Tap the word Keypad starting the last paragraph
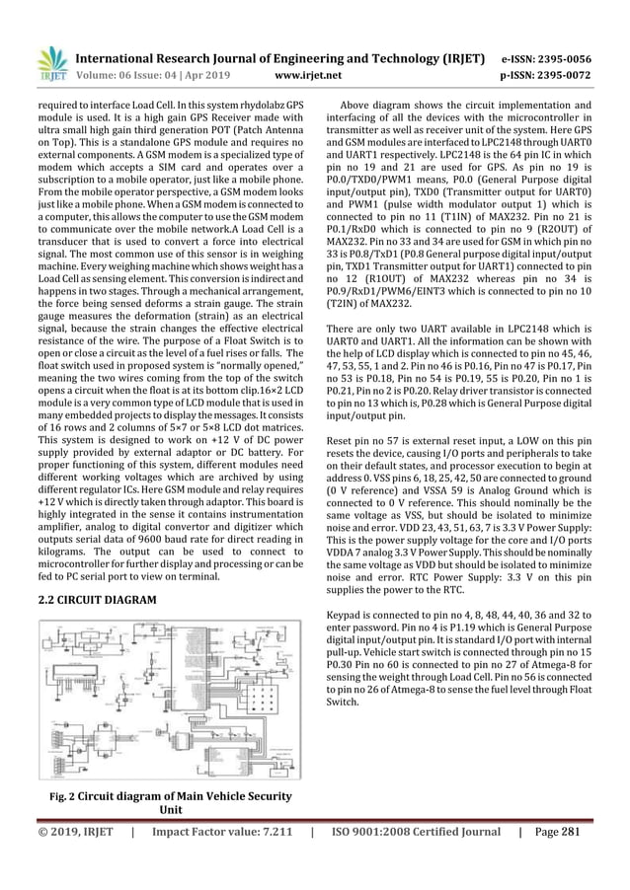click(x=348, y=614)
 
